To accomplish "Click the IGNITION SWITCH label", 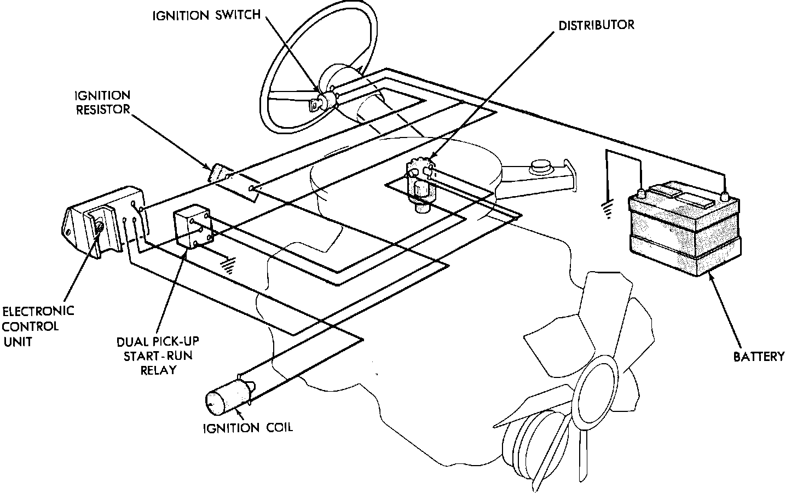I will (206, 15).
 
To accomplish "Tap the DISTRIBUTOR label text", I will (596, 25).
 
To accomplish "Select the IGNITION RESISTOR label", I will (103, 102).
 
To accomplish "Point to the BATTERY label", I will (759, 357).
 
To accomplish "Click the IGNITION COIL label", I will (247, 427).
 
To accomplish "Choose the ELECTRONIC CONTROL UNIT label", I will (38, 326).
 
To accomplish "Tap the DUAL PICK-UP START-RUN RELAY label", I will (158, 356).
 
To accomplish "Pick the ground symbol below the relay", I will (226, 265).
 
